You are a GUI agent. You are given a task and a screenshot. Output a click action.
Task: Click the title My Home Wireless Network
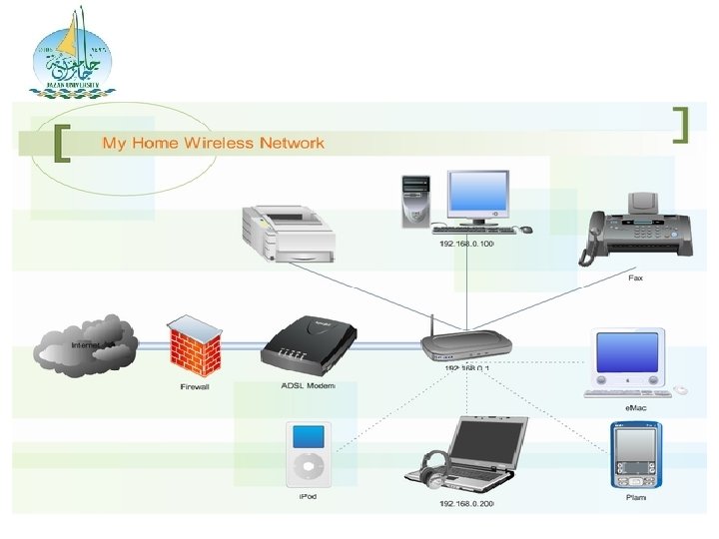coord(213,143)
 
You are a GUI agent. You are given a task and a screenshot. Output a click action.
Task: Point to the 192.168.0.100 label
coord(466,245)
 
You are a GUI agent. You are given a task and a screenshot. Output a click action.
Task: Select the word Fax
coord(635,277)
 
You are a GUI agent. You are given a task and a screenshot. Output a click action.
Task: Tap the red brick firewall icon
coord(194,345)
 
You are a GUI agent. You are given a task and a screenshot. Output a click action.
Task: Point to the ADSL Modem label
coord(308,385)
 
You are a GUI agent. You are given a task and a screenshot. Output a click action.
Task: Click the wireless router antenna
coord(432,327)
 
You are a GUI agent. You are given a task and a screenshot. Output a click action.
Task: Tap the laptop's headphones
coord(434,468)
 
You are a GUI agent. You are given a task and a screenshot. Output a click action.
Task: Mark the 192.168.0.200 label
coord(466,504)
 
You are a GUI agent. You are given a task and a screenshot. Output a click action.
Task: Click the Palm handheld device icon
coord(635,454)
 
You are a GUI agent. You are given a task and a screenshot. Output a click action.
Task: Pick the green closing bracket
coord(682,124)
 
